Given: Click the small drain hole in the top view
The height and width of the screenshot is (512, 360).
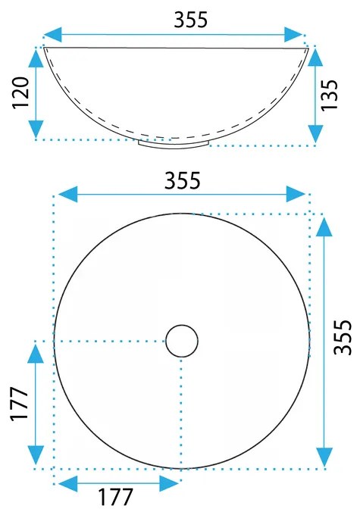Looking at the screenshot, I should pyautogui.click(x=182, y=341).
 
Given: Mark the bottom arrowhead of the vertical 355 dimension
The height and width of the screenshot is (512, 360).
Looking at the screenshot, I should pyautogui.click(x=324, y=457).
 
